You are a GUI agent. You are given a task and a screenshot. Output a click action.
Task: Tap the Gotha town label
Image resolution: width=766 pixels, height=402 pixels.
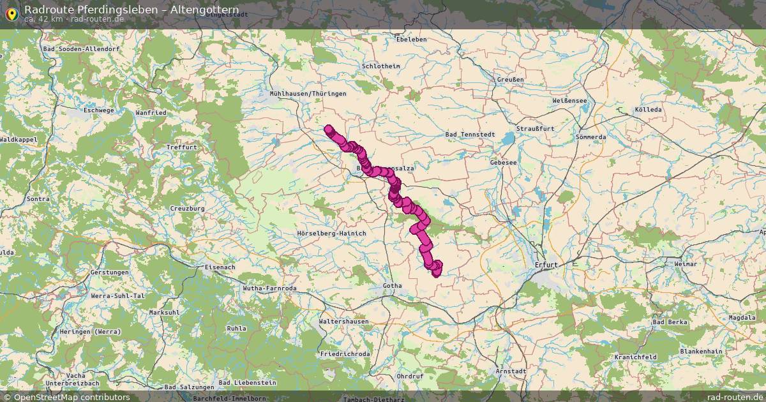point(393,285)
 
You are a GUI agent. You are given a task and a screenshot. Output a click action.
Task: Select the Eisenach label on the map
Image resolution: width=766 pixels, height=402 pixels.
point(220,267)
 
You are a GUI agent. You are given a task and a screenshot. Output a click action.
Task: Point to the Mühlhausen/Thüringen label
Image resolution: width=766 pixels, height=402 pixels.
point(308,94)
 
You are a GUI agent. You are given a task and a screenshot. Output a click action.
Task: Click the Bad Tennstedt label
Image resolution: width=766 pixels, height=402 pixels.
point(469,135)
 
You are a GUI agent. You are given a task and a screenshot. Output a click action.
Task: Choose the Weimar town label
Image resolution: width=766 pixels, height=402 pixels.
point(686,264)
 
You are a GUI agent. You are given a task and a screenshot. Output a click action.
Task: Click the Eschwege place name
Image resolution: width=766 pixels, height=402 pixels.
point(98,110)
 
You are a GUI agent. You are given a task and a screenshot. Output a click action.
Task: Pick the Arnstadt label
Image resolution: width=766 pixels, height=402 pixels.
point(511,371)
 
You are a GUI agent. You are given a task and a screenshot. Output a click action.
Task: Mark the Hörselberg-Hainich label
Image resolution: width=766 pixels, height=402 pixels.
point(332,234)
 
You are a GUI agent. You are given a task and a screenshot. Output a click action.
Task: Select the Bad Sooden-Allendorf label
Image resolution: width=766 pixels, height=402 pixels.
point(81,48)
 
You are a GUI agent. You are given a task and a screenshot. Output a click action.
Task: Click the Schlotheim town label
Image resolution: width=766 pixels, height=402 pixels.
point(380,66)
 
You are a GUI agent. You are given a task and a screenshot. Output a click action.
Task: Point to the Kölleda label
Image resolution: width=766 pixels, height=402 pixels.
point(648,110)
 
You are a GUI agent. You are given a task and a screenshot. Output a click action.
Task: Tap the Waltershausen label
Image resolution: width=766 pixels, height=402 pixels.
point(345,322)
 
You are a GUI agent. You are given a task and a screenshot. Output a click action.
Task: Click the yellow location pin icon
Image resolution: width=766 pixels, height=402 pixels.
point(11,13)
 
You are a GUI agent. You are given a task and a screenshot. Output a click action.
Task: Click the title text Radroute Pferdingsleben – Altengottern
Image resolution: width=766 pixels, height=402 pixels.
point(131,10)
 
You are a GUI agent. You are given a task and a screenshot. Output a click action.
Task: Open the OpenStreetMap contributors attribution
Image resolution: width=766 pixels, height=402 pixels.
point(71,397)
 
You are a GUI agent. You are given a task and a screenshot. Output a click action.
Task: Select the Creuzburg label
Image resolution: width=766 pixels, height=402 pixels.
point(187,209)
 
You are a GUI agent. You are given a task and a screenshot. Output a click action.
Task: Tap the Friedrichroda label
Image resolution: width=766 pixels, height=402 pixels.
point(345,353)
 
